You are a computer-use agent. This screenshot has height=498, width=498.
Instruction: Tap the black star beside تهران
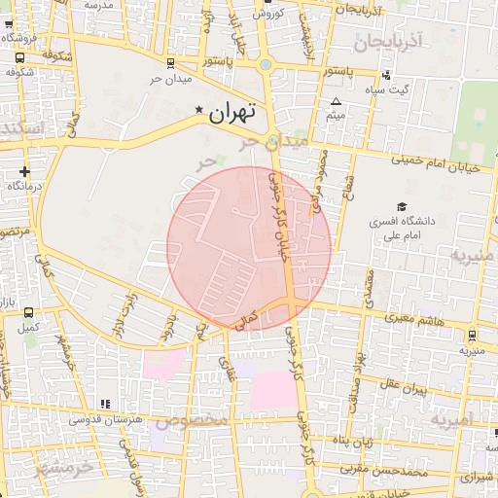pyautogui.click(x=200, y=110)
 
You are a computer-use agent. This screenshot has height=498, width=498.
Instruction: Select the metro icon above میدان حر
pyautogui.click(x=172, y=64)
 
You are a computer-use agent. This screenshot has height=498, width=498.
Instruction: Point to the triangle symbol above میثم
pyautogui.click(x=337, y=101)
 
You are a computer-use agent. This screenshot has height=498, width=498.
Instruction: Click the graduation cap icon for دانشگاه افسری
pyautogui.click(x=373, y=206)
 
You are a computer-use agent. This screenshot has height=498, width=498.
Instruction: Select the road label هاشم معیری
pyautogui.click(x=413, y=317)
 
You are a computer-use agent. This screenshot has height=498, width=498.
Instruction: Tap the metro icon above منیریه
pyautogui.click(x=472, y=335)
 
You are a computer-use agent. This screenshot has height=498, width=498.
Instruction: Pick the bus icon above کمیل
pyautogui.click(x=29, y=313)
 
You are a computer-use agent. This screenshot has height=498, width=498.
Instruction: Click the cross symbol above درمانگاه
pyautogui.click(x=23, y=171)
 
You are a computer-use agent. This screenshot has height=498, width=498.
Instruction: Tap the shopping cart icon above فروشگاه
pyautogui.click(x=20, y=56)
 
